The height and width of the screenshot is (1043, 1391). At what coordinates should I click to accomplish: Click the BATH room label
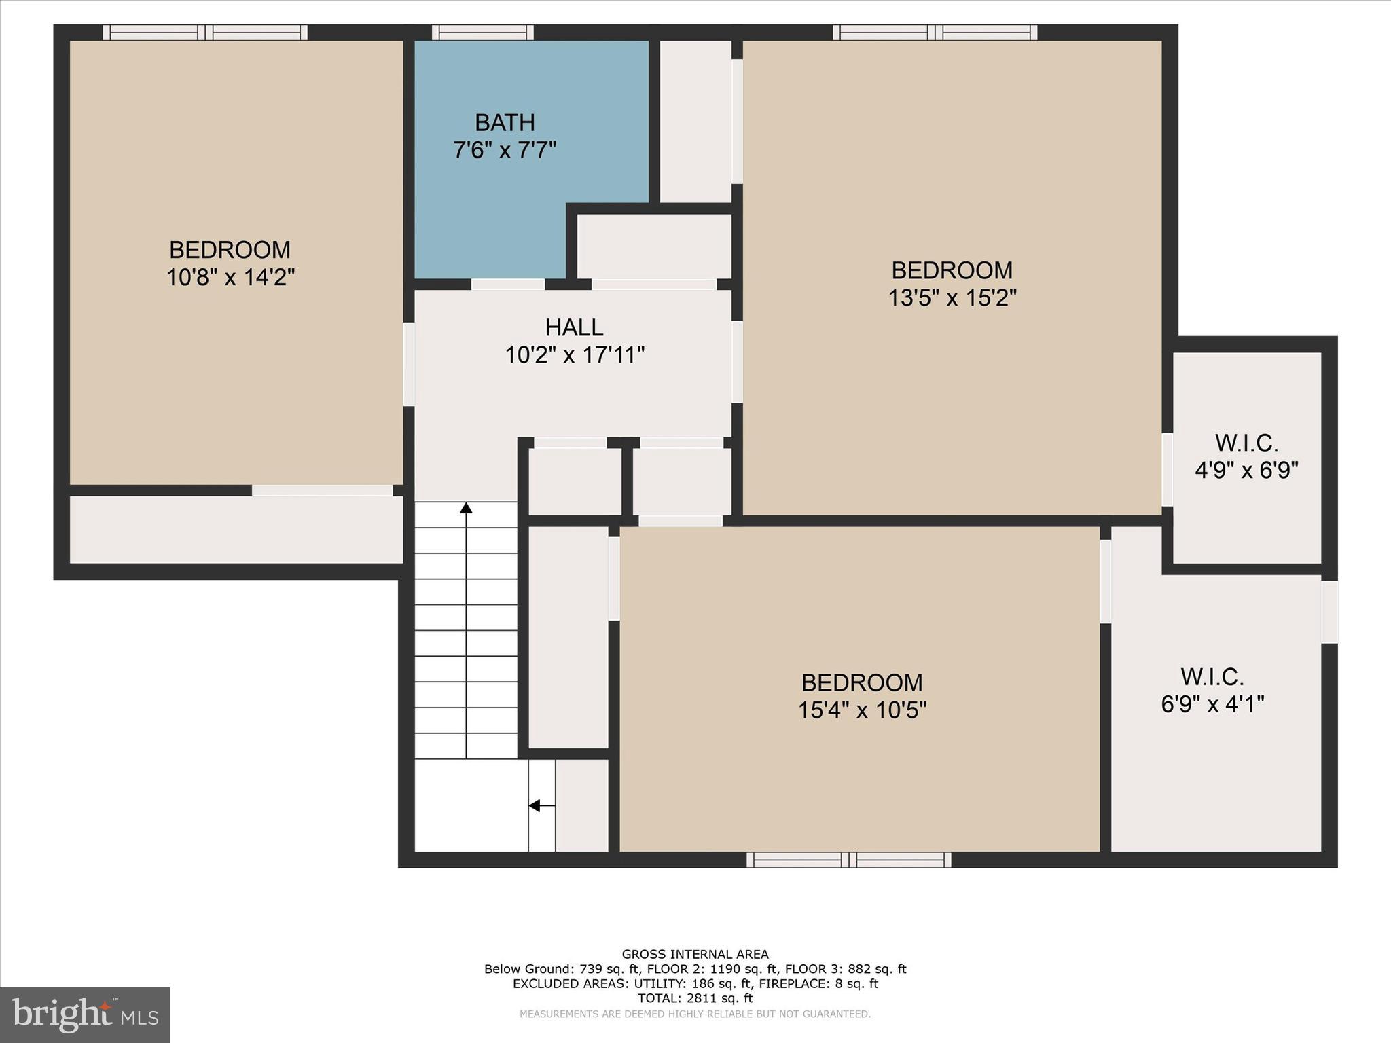[505, 123]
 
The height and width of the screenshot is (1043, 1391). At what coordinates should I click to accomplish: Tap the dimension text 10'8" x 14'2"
[230, 277]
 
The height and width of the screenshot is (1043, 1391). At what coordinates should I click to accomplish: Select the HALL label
[574, 327]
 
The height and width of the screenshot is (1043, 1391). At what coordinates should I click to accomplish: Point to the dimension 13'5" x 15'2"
[952, 297]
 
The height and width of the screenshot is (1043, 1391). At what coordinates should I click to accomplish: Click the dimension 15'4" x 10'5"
[862, 710]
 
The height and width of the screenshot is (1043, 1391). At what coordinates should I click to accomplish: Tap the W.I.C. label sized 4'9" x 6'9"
[1246, 443]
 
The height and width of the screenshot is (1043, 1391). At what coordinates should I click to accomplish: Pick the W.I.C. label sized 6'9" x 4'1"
[1212, 677]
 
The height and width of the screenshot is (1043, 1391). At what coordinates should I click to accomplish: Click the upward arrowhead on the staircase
[466, 508]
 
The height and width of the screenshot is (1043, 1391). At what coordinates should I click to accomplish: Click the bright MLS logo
[85, 1014]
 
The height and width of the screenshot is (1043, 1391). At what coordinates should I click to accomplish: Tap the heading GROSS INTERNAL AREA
[695, 954]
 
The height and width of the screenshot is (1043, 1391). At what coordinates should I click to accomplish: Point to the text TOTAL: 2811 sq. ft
[695, 998]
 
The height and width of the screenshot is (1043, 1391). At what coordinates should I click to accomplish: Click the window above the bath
[482, 32]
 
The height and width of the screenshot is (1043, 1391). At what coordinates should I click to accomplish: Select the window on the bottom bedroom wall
[848, 860]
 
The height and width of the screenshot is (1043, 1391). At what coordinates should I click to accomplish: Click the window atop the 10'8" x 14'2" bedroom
[205, 32]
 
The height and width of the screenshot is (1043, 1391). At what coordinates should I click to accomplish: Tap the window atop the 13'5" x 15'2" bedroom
[935, 32]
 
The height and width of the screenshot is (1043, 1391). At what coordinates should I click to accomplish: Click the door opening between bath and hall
[508, 284]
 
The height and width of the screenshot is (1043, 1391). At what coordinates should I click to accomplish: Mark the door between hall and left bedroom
[408, 364]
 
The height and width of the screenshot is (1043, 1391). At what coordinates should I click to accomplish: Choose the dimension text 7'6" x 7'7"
[505, 150]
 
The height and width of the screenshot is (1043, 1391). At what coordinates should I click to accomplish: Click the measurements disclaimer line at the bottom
[695, 1014]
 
